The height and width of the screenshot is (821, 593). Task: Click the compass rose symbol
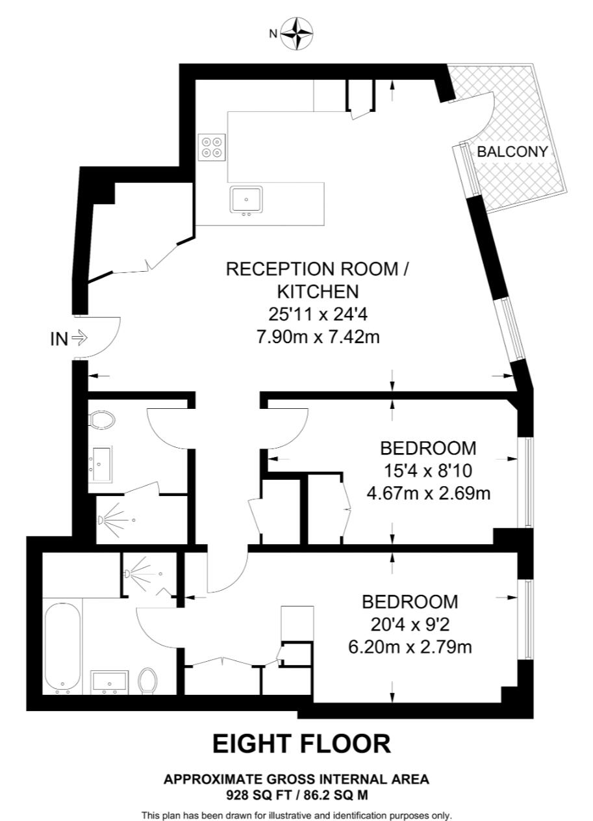click(x=297, y=34)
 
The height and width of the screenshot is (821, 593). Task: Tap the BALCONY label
click(x=512, y=151)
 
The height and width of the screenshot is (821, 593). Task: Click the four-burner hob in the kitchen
click(x=212, y=147)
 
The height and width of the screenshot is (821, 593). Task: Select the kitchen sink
click(x=246, y=200)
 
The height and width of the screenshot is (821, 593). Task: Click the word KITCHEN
click(x=318, y=292)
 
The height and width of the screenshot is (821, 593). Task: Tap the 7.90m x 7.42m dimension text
click(x=318, y=337)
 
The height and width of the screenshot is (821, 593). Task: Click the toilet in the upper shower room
click(x=102, y=419)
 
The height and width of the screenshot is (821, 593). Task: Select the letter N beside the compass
click(x=273, y=34)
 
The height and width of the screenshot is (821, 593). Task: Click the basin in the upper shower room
click(x=101, y=463)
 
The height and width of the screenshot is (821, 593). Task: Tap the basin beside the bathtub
click(x=109, y=682)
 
